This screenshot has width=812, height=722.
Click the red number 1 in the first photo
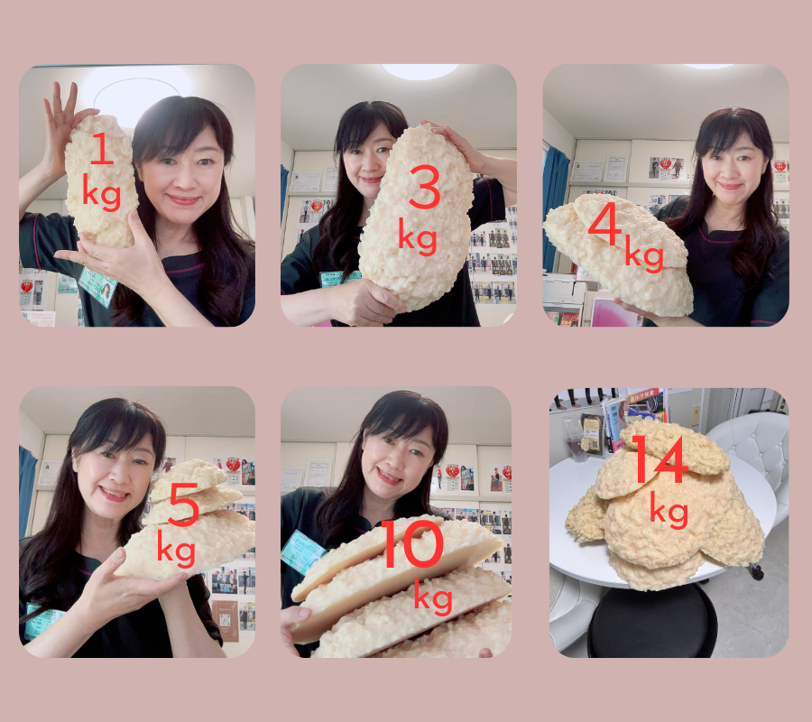pyautogui.click(x=102, y=149)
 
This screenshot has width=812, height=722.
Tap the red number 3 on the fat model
pyautogui.click(x=424, y=187)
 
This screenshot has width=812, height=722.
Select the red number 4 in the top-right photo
pyautogui.click(x=605, y=223)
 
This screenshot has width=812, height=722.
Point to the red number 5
pyautogui.click(x=183, y=504)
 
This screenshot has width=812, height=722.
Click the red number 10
pyautogui.click(x=412, y=544)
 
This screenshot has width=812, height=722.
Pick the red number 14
pyautogui.click(x=660, y=458)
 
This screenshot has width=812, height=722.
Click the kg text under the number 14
pyautogui.click(x=669, y=510)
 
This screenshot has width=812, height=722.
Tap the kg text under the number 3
pyautogui.click(x=418, y=236)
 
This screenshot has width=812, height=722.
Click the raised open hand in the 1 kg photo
pyautogui.click(x=62, y=125)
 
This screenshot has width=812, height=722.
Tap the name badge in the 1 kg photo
pyautogui.click(x=97, y=286)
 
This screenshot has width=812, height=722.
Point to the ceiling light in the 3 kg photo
pyautogui.click(x=420, y=71)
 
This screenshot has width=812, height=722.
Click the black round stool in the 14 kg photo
pyautogui.click(x=652, y=622)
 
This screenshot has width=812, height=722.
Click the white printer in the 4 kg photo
pyautogui.click(x=564, y=290)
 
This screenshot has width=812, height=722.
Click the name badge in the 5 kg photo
pyautogui.click(x=43, y=621)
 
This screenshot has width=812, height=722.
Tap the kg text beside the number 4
pyautogui.click(x=644, y=254)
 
